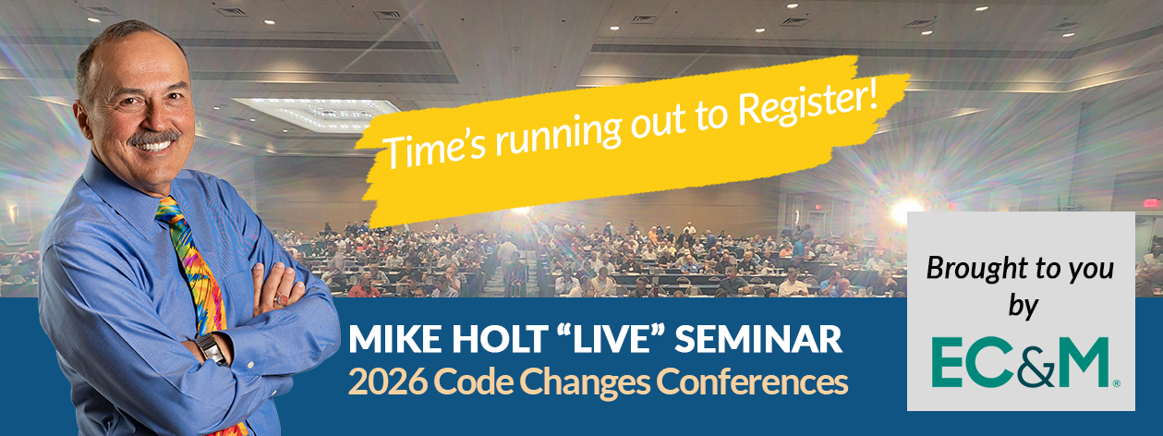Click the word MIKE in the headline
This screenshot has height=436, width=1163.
point(385,340)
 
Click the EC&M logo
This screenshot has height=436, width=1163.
point(1020,363)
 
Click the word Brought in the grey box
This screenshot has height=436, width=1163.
point(968,269)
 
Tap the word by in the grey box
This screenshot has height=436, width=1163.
point(1022,307)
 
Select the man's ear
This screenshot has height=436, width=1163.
point(88,108)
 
